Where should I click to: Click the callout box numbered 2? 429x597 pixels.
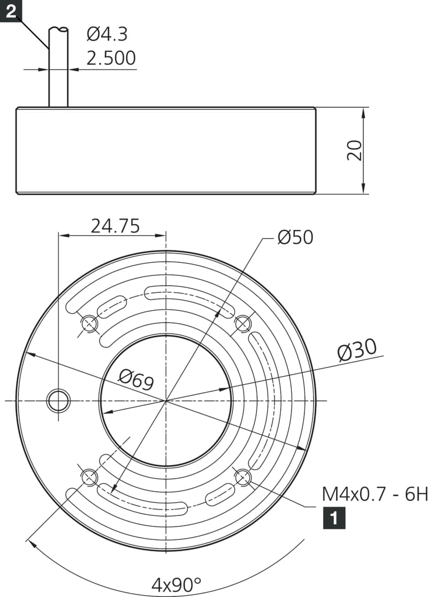(10, 10)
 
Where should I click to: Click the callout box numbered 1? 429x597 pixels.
(334, 518)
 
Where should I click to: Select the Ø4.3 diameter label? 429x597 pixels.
(107, 34)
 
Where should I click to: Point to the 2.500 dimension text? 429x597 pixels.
(111, 58)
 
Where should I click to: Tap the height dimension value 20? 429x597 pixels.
(355, 150)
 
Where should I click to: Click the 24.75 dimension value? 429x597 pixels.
(115, 226)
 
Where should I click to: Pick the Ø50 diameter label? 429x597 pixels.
(295, 237)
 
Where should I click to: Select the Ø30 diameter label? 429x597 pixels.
(357, 349)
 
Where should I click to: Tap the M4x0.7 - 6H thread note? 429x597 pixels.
(375, 495)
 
